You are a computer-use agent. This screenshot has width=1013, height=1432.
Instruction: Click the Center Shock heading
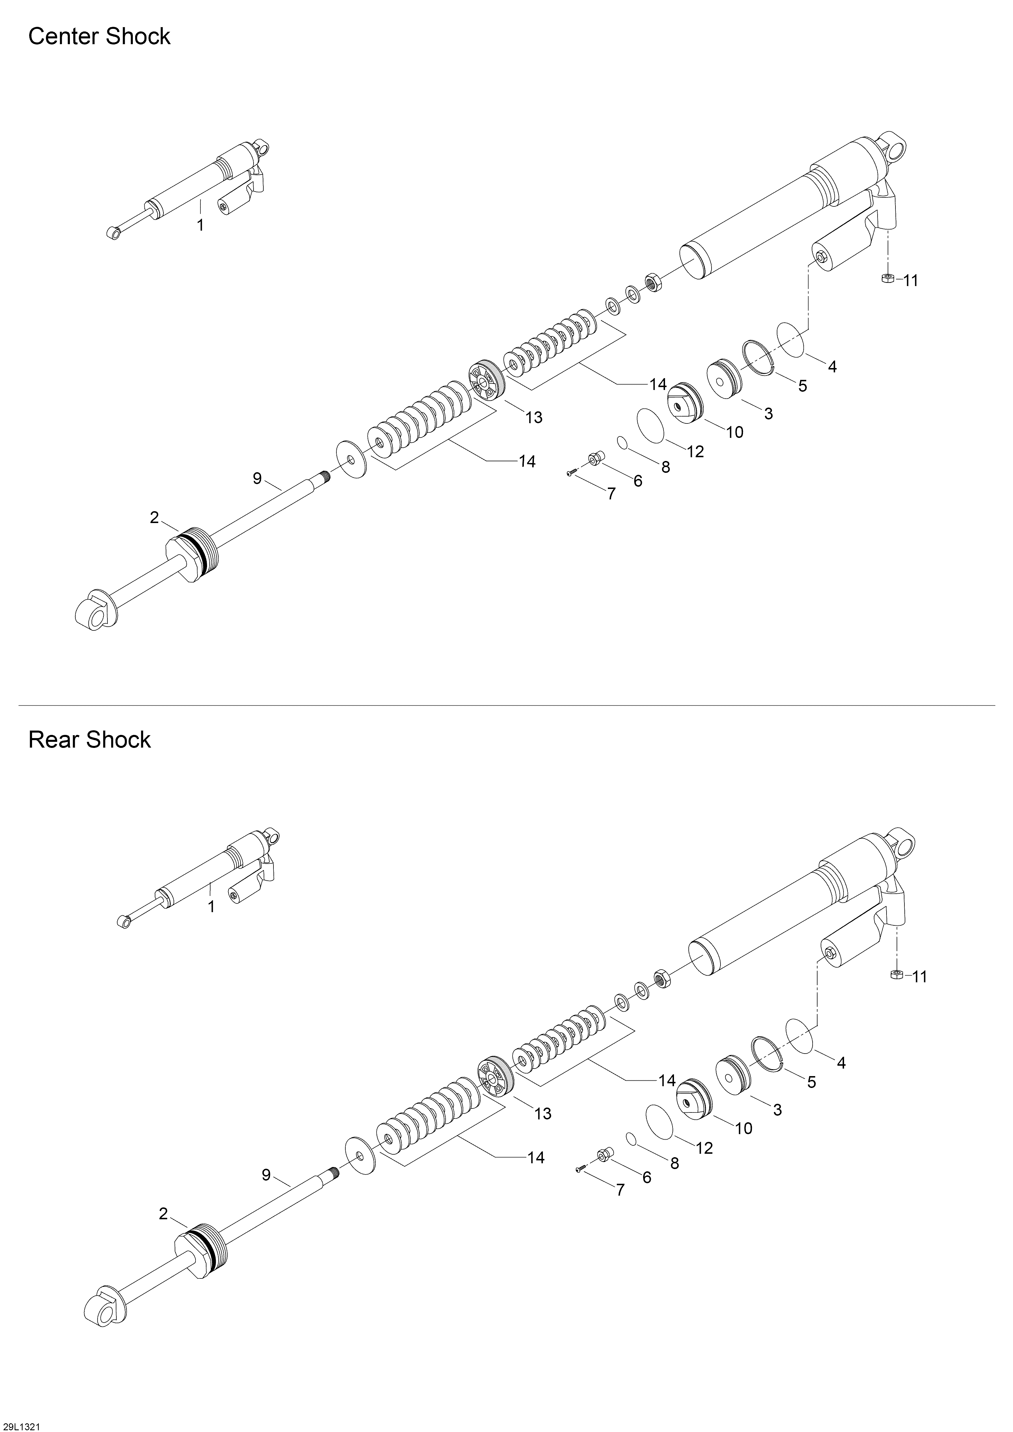(x=99, y=37)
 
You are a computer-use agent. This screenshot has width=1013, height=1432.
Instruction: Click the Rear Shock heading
(x=90, y=740)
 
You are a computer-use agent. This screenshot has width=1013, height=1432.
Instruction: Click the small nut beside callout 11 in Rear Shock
(x=897, y=975)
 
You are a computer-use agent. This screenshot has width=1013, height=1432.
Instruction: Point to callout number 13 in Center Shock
(x=534, y=417)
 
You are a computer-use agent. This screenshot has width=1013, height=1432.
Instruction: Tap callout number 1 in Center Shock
(x=200, y=225)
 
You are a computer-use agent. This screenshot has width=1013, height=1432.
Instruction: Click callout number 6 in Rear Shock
(x=646, y=1177)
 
